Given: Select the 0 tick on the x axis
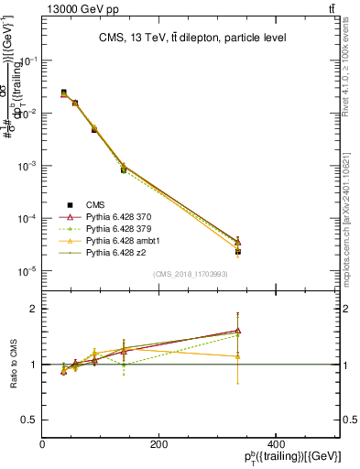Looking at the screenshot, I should pos(43,444).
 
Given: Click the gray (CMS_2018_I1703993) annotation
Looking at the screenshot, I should pos(191,274).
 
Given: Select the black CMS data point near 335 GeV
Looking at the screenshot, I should pos(237,251).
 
